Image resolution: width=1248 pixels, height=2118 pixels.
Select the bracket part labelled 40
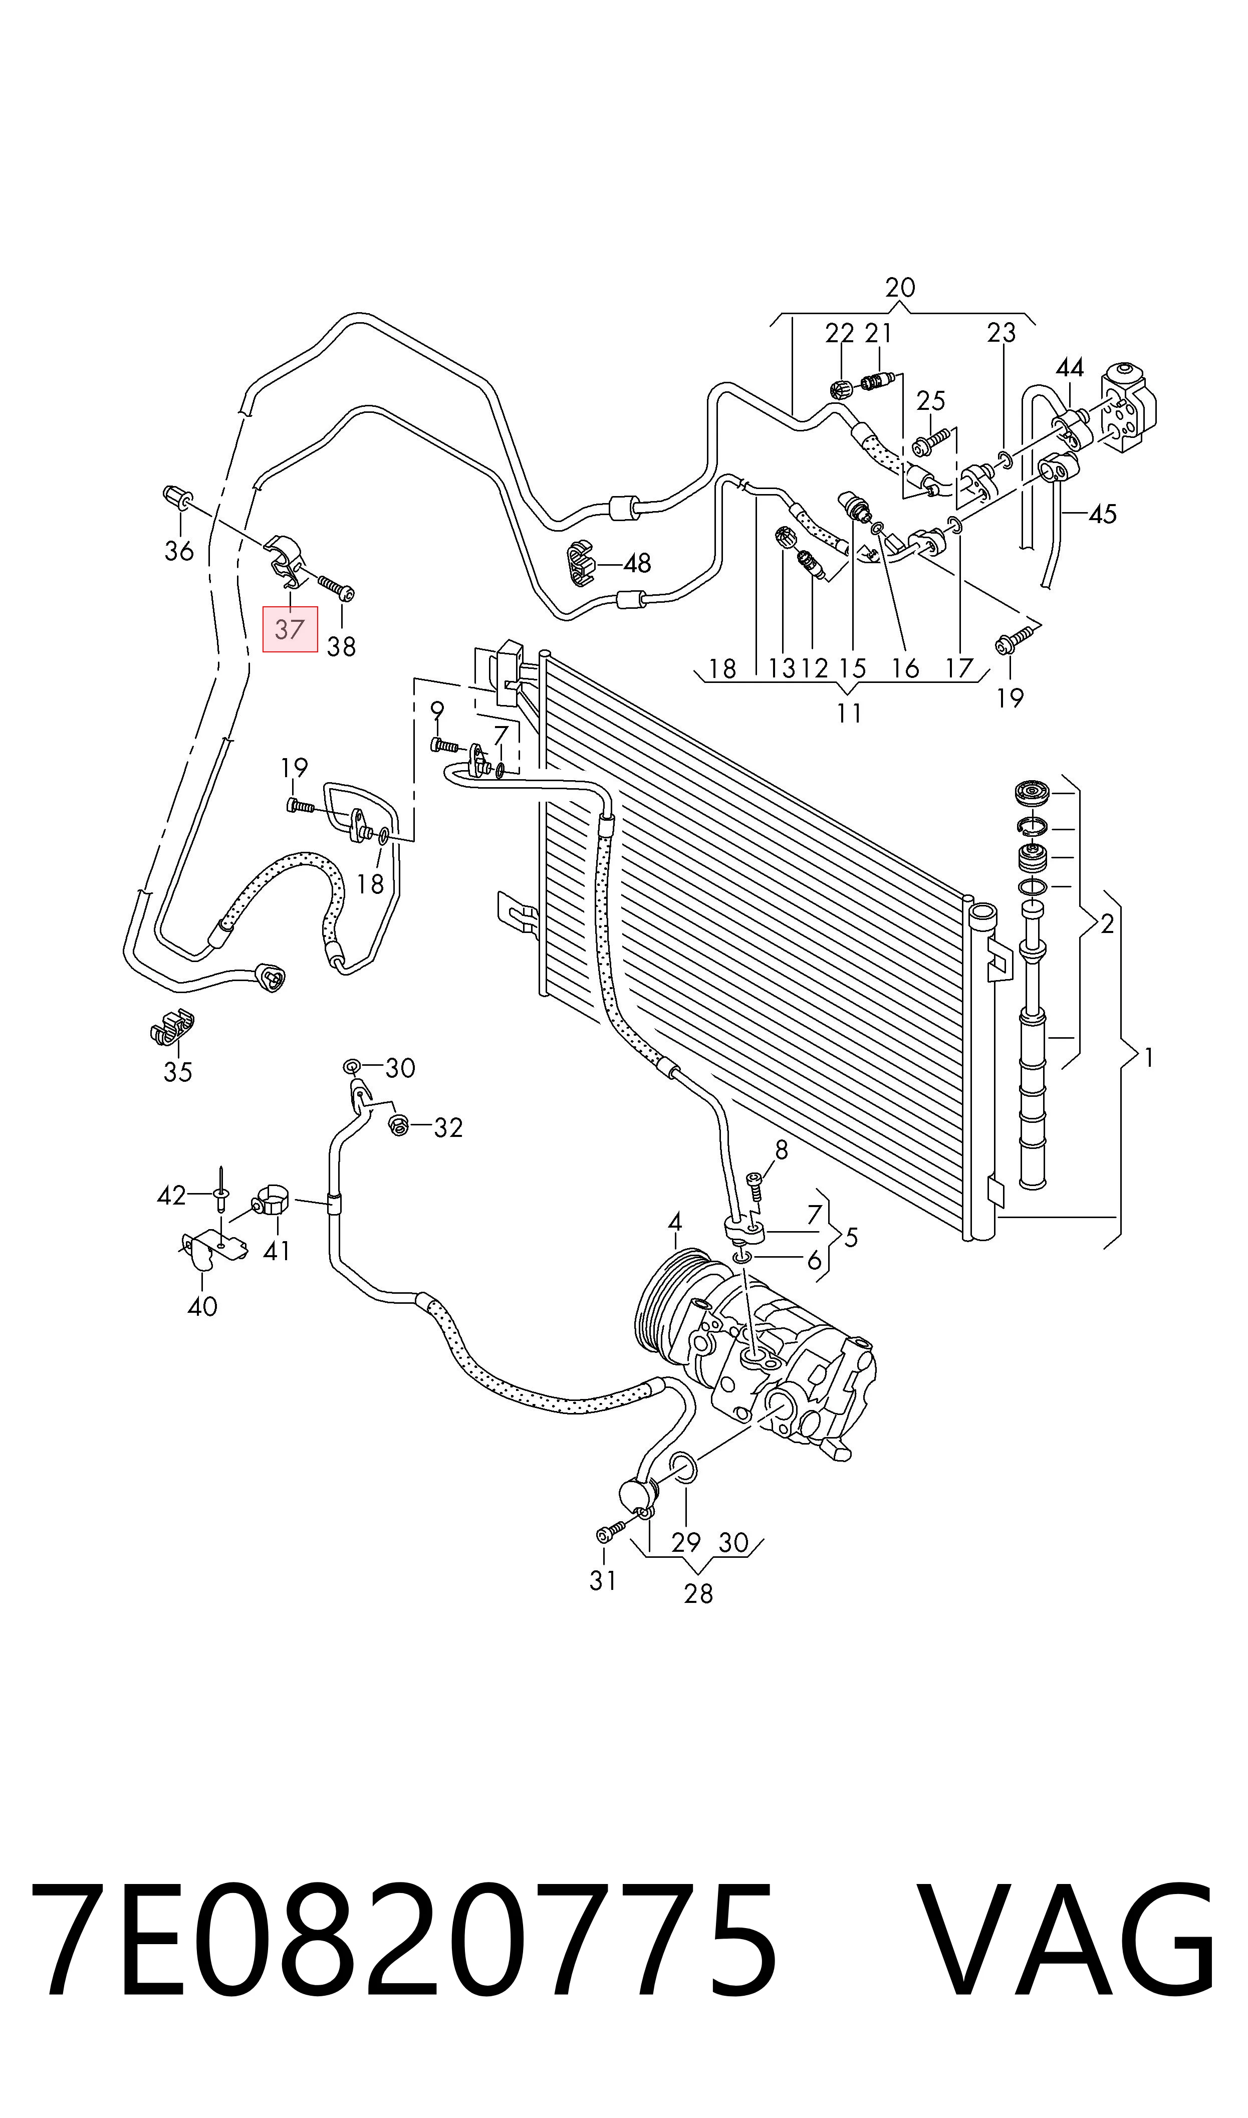213,1250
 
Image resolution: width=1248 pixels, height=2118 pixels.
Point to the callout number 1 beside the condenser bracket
1149,1058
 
